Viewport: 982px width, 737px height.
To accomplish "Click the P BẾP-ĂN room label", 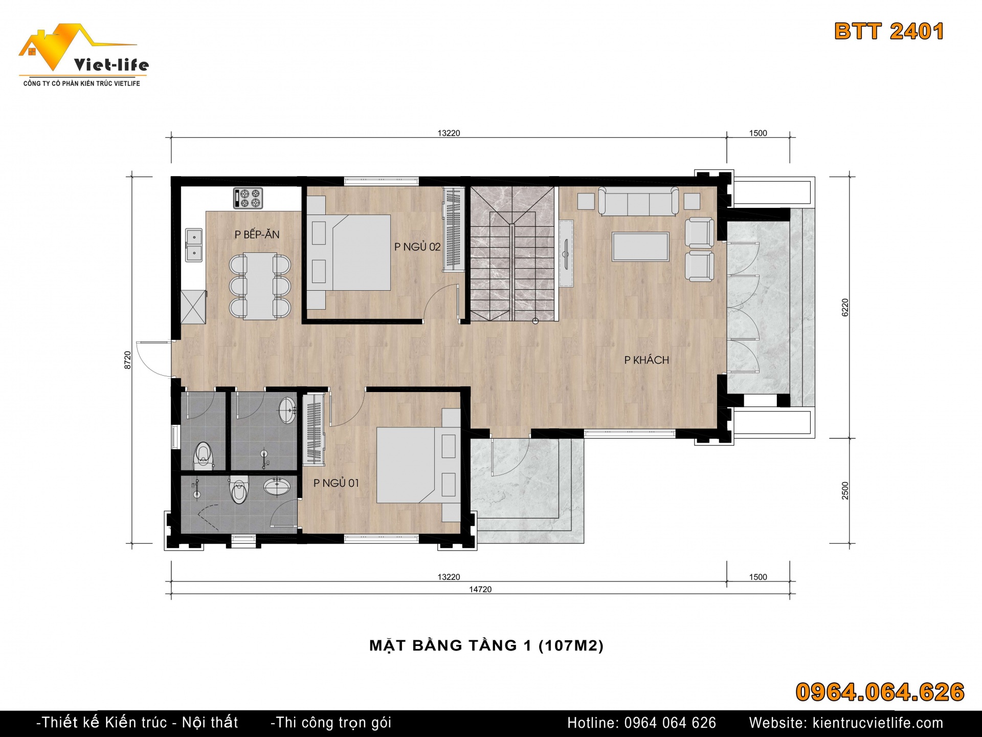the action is click(x=257, y=234).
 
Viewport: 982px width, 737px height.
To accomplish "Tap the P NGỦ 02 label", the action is click(x=417, y=247).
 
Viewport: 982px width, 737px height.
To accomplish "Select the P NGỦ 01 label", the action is click(x=336, y=483).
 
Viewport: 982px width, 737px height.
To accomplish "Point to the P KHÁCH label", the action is click(x=646, y=360).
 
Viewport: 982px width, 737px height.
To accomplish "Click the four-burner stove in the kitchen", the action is click(x=248, y=198).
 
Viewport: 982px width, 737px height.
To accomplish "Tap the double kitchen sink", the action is click(x=194, y=245).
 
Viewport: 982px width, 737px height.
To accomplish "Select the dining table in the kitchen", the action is click(x=260, y=286).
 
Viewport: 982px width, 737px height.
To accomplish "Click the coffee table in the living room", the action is click(x=641, y=247).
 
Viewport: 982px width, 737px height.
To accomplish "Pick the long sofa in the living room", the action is click(x=639, y=201).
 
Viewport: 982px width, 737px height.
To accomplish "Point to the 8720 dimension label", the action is click(x=128, y=360).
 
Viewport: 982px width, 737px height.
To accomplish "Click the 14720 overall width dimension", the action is click(x=480, y=590).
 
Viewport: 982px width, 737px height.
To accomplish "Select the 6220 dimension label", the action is click(x=845, y=308).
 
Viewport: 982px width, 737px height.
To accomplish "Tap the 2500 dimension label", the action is click(x=845, y=490).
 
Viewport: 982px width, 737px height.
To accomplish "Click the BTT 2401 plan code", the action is click(x=889, y=31).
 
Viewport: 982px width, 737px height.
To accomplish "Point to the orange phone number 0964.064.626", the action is click(x=880, y=692).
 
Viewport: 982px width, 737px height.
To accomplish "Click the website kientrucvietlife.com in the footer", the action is click(x=878, y=723).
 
